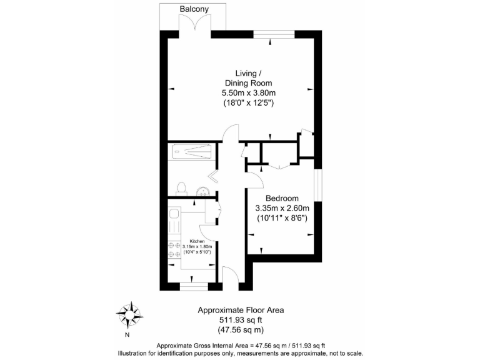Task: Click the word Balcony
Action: pyautogui.click(x=194, y=9)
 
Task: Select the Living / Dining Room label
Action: pyautogui.click(x=248, y=77)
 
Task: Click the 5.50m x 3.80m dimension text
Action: pyautogui.click(x=248, y=92)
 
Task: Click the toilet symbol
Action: pyautogui.click(x=181, y=188)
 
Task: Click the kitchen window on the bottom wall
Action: pyautogui.click(x=193, y=286)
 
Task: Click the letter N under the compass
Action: pyautogui.click(x=127, y=334)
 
